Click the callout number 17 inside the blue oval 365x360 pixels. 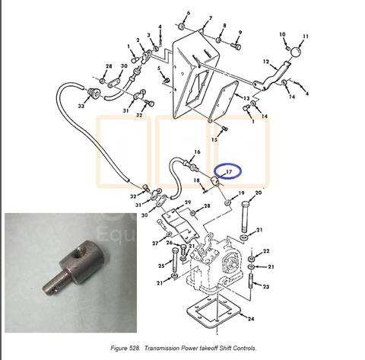pos(229,172)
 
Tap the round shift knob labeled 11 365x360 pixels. pos(295,53)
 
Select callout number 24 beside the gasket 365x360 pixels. pos(251,319)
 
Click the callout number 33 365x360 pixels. pos(81,106)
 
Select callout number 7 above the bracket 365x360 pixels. pos(211,18)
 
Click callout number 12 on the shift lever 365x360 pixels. pos(265,62)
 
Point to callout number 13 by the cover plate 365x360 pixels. pos(246,98)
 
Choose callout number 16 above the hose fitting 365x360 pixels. pos(197,152)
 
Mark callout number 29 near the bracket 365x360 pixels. pos(188,202)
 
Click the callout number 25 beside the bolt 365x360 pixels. pos(161,266)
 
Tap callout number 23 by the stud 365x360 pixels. pos(265,287)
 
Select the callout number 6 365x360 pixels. pos(188,13)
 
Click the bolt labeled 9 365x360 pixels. pos(236,46)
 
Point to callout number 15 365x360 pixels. pos(214,139)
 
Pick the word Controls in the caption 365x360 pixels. pos(245,348)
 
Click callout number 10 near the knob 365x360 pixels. pos(282,34)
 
